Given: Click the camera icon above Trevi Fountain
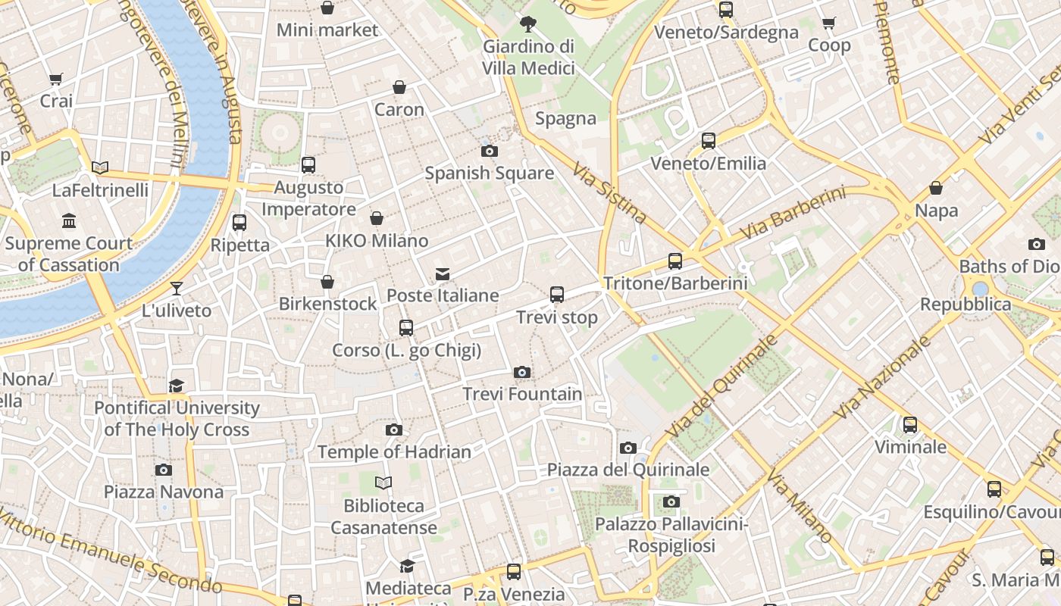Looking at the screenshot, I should click(521, 372).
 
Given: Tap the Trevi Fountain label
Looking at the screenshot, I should click(522, 394).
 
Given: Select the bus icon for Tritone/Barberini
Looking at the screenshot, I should click(675, 261).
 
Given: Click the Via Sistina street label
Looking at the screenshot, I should click(609, 194).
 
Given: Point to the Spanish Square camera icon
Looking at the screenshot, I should click(490, 151).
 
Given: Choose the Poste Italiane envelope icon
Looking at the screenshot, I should click(443, 273).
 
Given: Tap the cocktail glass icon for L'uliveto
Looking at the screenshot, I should click(177, 288).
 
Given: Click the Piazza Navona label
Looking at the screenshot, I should click(164, 492).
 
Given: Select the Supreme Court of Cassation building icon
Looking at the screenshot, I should click(69, 221).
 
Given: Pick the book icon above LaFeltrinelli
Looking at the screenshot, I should click(100, 167).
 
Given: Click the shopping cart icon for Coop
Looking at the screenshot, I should click(828, 23).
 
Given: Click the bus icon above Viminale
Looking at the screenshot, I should click(910, 425).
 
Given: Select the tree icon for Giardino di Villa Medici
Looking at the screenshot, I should click(528, 24).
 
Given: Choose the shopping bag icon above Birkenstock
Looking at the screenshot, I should click(327, 282).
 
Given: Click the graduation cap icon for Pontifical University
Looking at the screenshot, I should click(177, 386).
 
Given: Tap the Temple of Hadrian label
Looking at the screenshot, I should click(394, 452).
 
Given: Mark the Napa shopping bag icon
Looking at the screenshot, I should click(936, 188).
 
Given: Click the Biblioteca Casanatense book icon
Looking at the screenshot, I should click(384, 483).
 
